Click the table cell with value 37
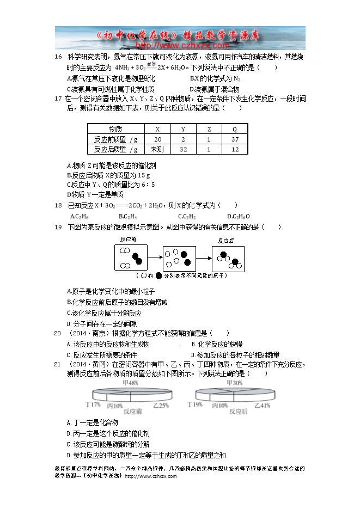coord(235,139)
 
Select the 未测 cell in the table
coord(157,149)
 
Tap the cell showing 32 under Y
coord(183,149)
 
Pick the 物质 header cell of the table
coord(115,130)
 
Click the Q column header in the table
coord(235,130)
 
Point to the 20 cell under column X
coord(157,139)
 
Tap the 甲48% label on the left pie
coord(115,383)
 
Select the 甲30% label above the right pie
coord(233,383)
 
